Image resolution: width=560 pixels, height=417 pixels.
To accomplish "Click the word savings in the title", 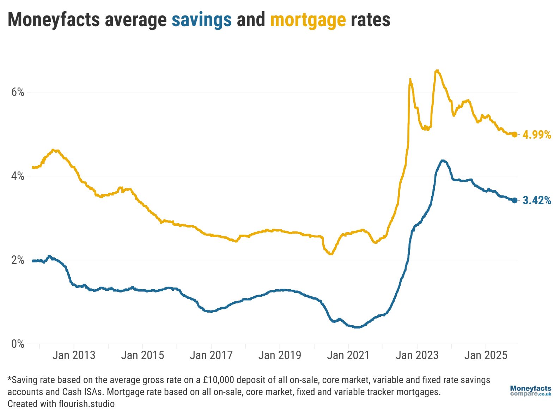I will (201, 20).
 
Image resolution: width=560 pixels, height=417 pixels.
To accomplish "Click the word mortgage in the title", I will (308, 20).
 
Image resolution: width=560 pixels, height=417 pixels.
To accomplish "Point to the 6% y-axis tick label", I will (18, 92).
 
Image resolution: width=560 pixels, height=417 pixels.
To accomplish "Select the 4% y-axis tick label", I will (18, 176).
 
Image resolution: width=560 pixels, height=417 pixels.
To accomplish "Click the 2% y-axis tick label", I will (18, 260).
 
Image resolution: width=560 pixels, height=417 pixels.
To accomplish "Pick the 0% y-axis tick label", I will (18, 344).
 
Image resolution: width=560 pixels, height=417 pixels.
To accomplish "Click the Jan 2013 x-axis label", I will (74, 355).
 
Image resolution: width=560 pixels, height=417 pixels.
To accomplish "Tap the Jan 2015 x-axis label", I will (142, 355).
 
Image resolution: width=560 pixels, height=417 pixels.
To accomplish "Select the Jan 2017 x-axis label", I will (211, 355).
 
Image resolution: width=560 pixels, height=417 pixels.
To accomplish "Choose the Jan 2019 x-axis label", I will (280, 355).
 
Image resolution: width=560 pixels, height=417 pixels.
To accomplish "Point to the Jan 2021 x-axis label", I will (348, 355).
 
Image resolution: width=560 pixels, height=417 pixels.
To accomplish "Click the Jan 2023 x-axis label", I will (417, 355).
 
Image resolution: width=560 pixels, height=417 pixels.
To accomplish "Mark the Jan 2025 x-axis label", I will (486, 355).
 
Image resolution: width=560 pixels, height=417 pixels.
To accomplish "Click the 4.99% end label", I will (537, 135).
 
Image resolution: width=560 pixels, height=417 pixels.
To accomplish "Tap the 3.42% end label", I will (537, 200).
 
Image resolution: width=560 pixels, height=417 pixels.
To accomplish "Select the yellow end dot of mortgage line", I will (515, 134).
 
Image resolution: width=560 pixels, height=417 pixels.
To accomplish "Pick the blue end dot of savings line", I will (515, 200).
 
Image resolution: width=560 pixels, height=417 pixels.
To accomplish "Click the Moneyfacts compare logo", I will (530, 391).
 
